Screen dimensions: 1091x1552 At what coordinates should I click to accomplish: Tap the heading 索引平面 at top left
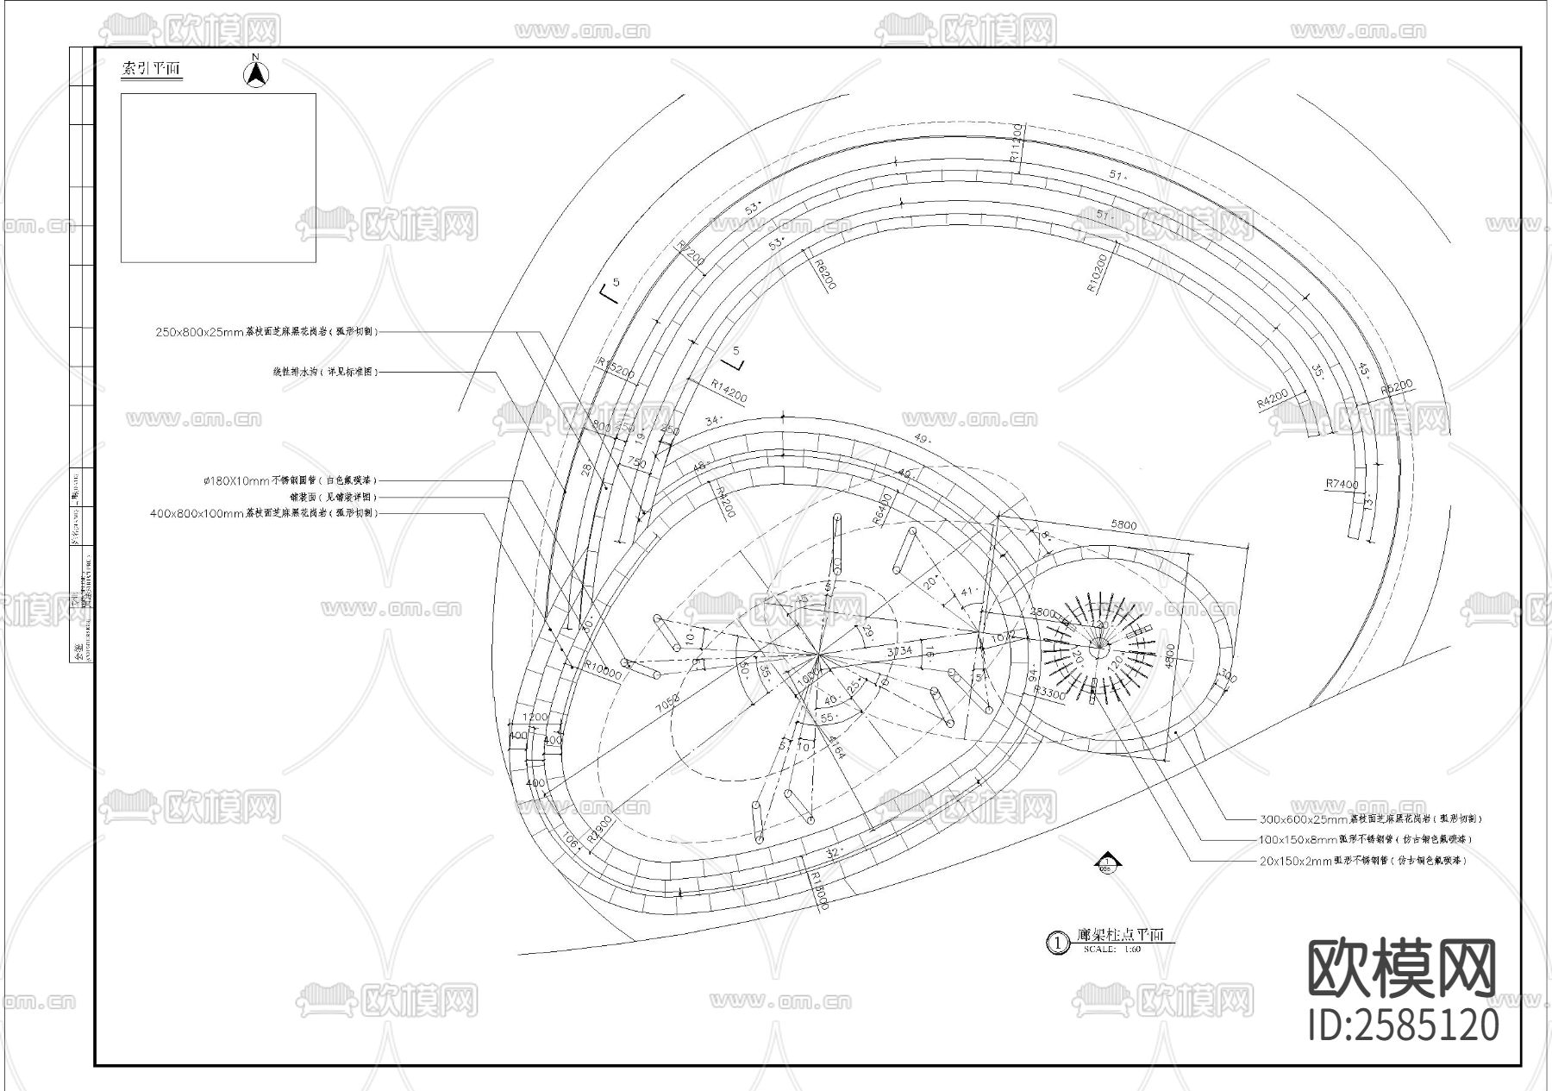tap(152, 69)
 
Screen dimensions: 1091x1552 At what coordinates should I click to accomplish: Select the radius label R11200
tap(1017, 143)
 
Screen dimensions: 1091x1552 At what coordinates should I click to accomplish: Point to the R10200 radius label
tap(1098, 269)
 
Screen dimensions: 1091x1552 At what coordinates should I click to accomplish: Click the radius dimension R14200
tap(729, 392)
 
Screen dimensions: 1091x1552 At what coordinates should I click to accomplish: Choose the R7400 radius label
tap(1342, 485)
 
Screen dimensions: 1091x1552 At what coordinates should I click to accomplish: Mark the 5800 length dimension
tap(1123, 525)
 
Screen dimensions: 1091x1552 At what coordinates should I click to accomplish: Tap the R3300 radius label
tap(1049, 693)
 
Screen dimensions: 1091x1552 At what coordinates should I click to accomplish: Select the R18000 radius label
tap(818, 889)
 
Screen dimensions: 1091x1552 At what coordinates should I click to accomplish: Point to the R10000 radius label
tap(603, 670)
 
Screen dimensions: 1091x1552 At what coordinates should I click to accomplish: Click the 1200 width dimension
tap(535, 718)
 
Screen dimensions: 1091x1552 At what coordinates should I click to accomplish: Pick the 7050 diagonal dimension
tap(666, 703)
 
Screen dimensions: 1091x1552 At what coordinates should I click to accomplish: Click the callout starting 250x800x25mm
tap(266, 331)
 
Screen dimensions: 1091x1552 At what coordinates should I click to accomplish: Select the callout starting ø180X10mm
tap(290, 480)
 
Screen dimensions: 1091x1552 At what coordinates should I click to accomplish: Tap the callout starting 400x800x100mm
tap(264, 513)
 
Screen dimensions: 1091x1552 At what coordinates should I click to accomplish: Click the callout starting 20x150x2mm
tap(1362, 860)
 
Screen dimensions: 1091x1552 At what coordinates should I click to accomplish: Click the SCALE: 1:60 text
tap(1112, 949)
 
